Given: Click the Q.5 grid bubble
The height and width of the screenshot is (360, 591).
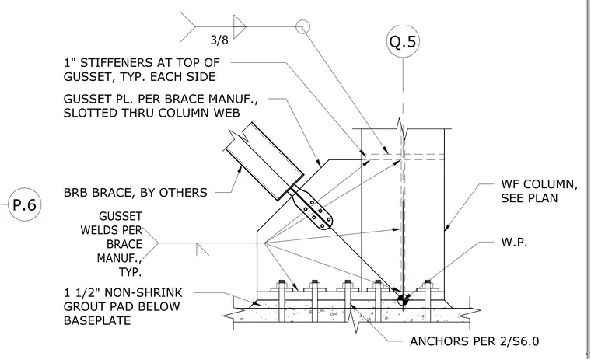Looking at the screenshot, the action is pyautogui.click(x=403, y=41).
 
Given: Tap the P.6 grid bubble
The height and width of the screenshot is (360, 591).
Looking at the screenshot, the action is pyautogui.click(x=25, y=204).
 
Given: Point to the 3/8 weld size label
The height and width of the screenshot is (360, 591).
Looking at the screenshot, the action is pyautogui.click(x=219, y=40).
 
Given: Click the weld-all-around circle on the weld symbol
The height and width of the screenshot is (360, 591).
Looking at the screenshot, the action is pyautogui.click(x=302, y=26).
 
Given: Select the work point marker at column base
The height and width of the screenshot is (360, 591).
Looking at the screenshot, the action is pyautogui.click(x=403, y=299).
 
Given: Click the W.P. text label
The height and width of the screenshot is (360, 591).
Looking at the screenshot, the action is pyautogui.click(x=514, y=242).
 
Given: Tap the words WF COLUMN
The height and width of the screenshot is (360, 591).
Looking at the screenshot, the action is pyautogui.click(x=540, y=184).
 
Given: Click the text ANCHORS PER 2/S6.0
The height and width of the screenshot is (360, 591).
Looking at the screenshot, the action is pyautogui.click(x=474, y=341).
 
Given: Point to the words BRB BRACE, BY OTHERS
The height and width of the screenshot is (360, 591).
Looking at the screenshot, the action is pyautogui.click(x=135, y=193).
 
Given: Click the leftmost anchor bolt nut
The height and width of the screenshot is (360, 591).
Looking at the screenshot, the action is pyautogui.click(x=282, y=283).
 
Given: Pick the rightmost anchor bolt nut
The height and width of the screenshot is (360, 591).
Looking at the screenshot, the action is pyautogui.click(x=428, y=283).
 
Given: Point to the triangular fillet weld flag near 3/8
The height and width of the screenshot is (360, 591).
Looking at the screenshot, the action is pyautogui.click(x=240, y=26).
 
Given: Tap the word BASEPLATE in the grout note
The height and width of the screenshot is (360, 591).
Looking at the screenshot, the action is pyautogui.click(x=97, y=320).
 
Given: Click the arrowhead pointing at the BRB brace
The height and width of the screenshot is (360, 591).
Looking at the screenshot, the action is pyautogui.click(x=239, y=170).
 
